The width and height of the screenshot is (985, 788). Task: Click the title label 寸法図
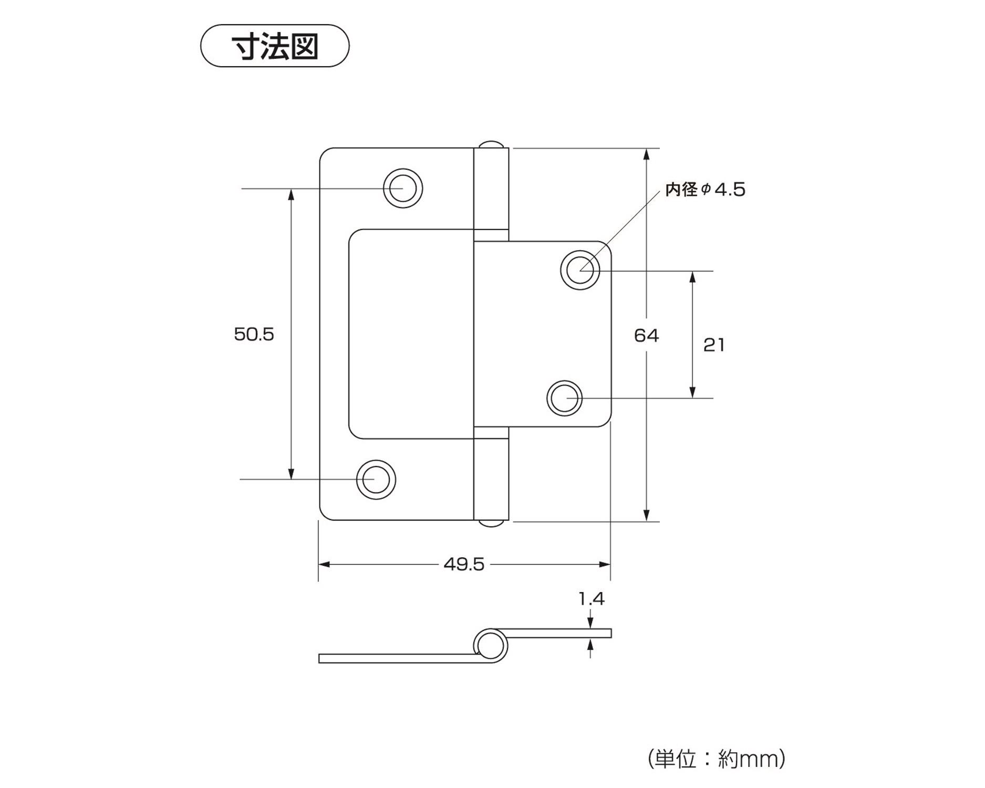pos(275,46)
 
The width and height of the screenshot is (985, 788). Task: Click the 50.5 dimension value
pos(254,335)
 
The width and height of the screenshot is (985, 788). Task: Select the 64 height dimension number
pos(646,335)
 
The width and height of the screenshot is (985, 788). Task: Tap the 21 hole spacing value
pos(714,345)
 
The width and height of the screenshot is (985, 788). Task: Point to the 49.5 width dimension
pos(464,564)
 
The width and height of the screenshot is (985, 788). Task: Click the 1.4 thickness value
pos(591,598)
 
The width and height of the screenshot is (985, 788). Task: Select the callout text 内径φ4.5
pos(705,190)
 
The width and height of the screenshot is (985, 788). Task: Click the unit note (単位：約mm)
pos(717,759)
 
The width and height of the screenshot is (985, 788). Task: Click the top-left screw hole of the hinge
pos(402,188)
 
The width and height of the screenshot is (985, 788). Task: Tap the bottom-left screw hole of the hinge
pos(376,480)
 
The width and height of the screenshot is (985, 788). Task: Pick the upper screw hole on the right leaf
pos(580,270)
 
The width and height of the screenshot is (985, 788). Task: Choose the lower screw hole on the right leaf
pos(565,398)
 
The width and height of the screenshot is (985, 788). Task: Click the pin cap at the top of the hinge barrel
pos(492,144)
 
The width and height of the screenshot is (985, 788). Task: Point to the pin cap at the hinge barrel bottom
pos(492,523)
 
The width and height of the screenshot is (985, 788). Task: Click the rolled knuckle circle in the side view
pos(490,644)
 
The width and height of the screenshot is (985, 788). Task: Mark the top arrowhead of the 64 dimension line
pos(647,153)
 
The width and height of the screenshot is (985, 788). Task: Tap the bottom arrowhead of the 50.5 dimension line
pos(291,474)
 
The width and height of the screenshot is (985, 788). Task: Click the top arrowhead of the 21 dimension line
pos(692,276)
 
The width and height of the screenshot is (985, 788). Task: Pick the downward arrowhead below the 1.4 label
pos(591,623)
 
